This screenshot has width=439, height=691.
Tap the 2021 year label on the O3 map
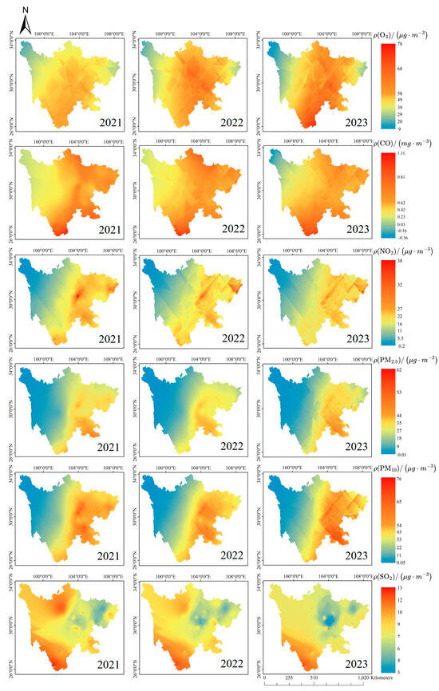click(x=105, y=123)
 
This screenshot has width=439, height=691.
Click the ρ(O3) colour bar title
click(x=408, y=33)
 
